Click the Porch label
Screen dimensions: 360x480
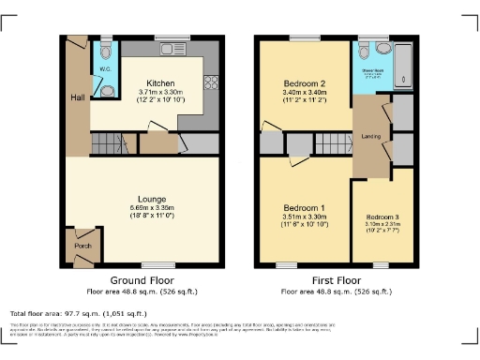tap(81, 247)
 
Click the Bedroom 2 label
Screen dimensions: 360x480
tap(304, 82)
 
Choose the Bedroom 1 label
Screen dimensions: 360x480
tap(304, 208)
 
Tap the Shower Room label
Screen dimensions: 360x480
tap(375, 70)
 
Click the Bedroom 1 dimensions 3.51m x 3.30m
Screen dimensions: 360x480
tap(304, 217)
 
